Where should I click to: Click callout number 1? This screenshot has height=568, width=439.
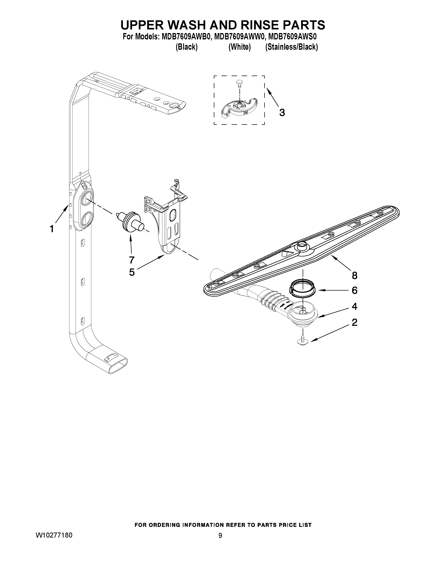(x=52, y=229)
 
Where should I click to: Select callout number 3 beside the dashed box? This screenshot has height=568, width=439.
(x=282, y=113)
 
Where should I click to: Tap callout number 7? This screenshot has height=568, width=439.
(x=132, y=259)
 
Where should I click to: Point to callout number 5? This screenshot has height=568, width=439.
(x=132, y=272)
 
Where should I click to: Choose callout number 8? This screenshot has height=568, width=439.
(x=354, y=275)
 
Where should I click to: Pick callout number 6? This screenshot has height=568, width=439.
(x=354, y=290)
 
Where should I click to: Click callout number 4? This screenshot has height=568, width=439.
(x=354, y=306)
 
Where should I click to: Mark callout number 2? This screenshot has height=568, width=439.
(x=354, y=323)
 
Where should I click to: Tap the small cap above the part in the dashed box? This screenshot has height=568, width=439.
(x=239, y=82)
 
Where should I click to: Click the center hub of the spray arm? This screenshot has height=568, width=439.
(x=302, y=245)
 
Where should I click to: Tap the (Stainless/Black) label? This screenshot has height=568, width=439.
(x=291, y=47)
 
